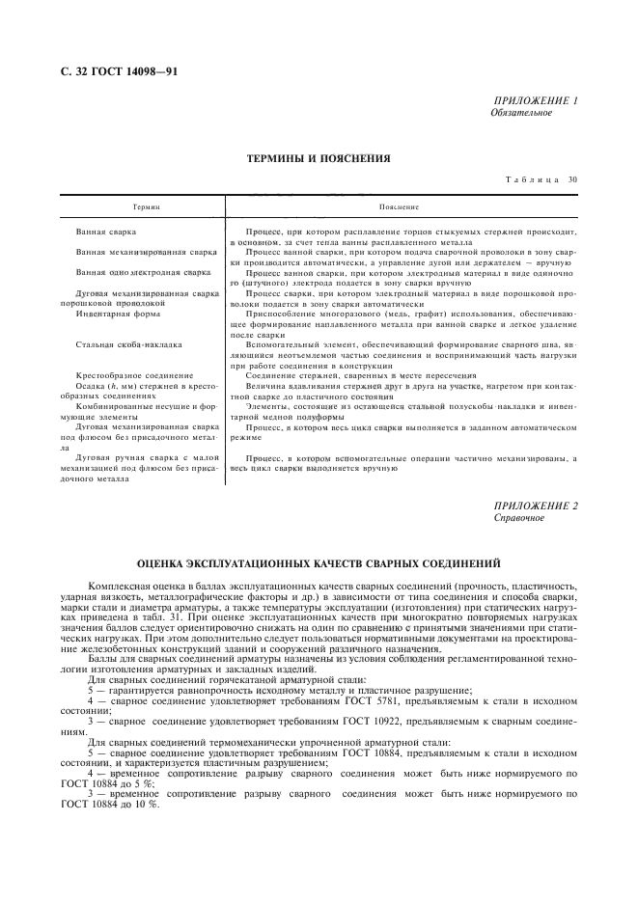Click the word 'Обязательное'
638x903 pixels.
[521, 112]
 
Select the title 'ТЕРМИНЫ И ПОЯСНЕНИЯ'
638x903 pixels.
[319, 158]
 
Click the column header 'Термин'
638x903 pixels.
[145, 206]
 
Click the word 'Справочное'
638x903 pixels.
[518, 518]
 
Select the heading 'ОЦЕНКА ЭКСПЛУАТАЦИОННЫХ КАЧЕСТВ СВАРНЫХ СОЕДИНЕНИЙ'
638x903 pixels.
[319, 563]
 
